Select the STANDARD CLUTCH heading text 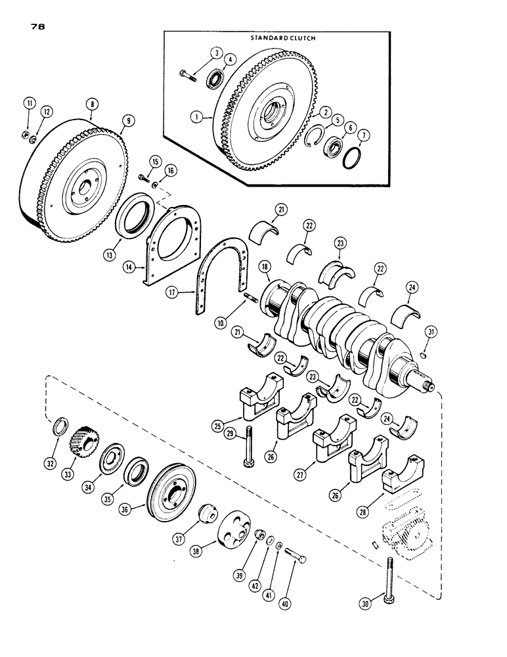pos(282,39)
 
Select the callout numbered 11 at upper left pos(29,104)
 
